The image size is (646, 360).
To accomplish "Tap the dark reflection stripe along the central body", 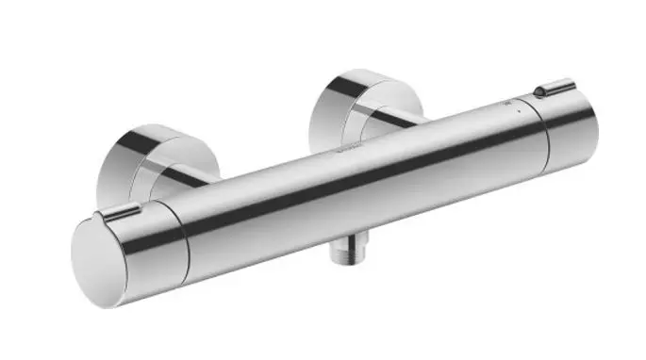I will (358, 175).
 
